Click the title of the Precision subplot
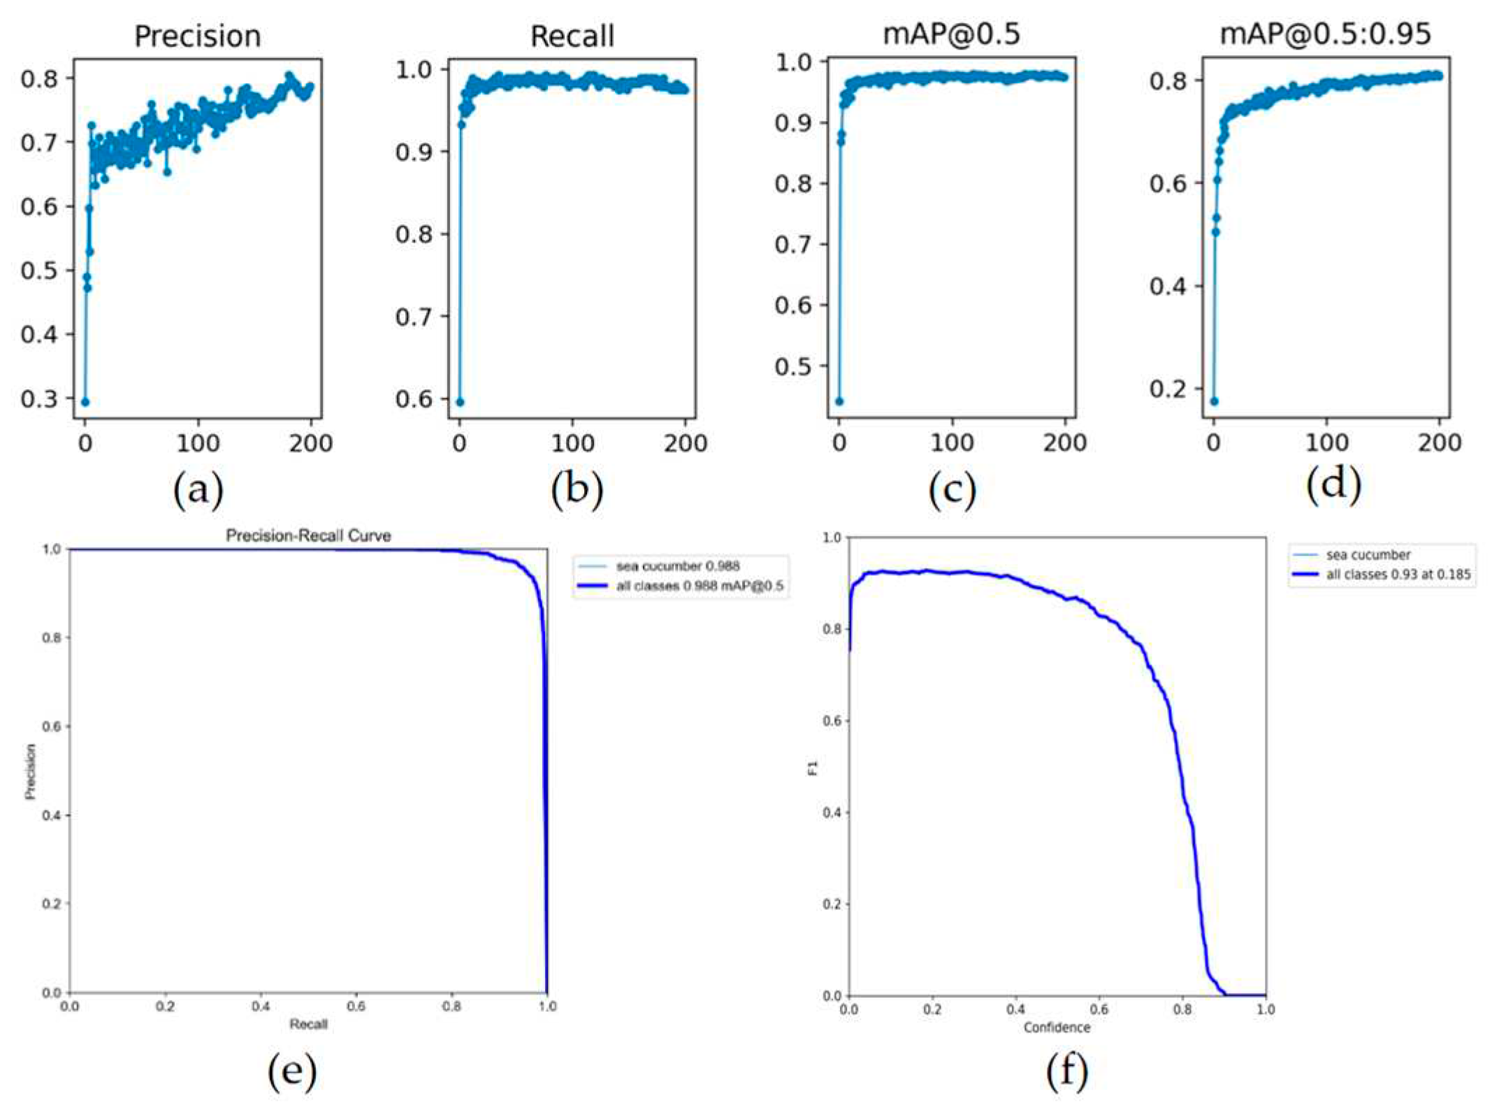click(x=197, y=36)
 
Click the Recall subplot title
click(x=572, y=36)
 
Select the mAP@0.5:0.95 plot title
click(x=1325, y=34)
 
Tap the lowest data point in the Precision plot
click(x=85, y=402)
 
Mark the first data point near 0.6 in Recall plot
click(x=460, y=402)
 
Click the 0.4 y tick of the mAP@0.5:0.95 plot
click(x=1168, y=286)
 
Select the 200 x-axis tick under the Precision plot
click(x=310, y=443)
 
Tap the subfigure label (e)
click(x=292, y=1070)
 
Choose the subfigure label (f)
click(x=1067, y=1070)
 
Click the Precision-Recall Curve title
click(x=308, y=536)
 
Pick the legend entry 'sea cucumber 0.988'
click(x=676, y=566)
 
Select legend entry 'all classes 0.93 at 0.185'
click(x=1398, y=574)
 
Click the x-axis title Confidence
click(x=1056, y=1027)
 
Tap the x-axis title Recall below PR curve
click(x=308, y=1024)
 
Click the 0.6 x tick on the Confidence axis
click(x=1099, y=1010)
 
